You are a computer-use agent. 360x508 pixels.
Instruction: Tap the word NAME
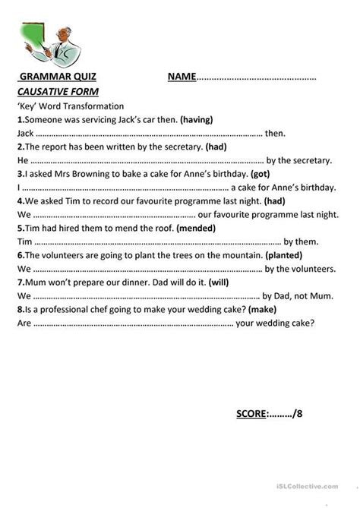(x=182, y=77)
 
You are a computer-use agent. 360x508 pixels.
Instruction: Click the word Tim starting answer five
(x=24, y=241)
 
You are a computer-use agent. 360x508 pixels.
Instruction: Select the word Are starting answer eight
(x=24, y=323)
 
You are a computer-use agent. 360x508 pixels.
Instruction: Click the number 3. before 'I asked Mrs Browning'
(x=20, y=174)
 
